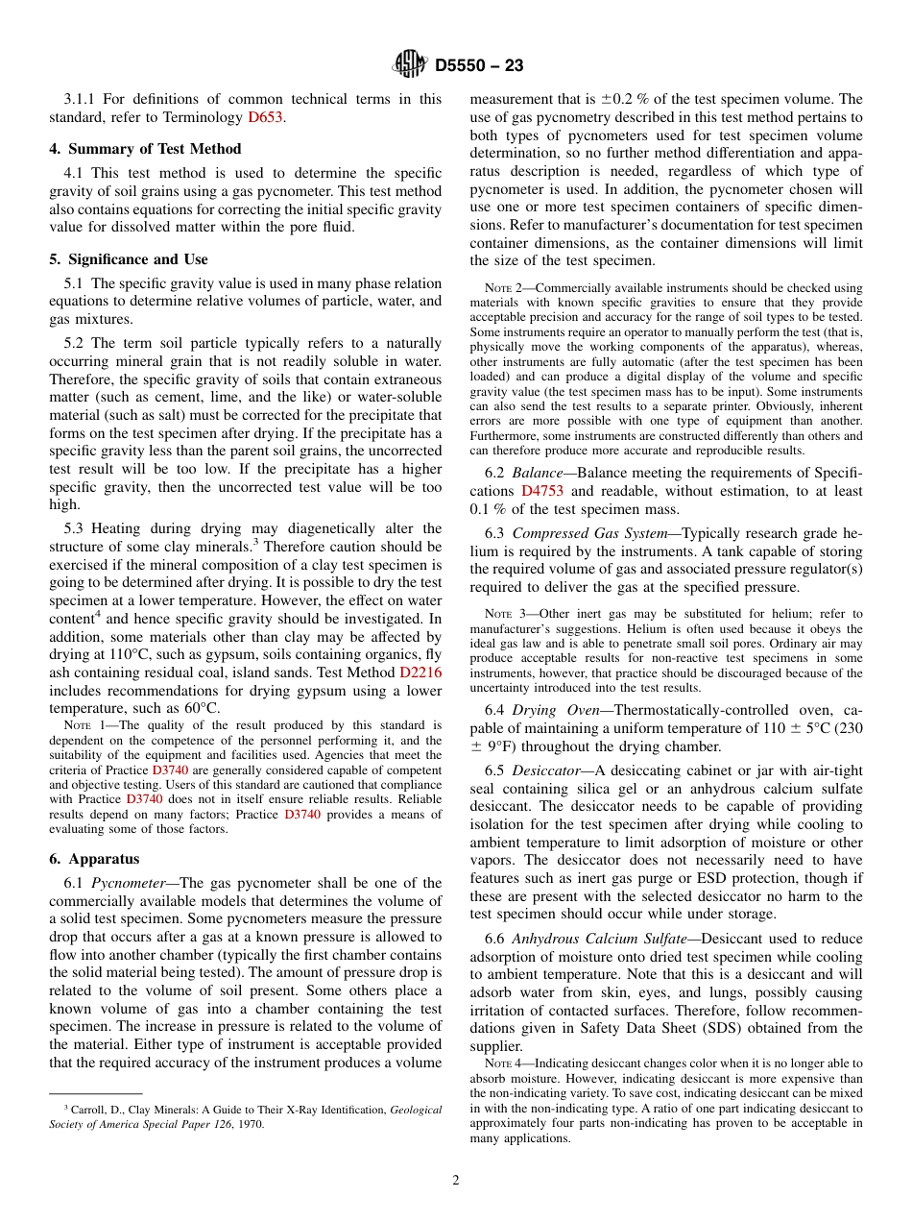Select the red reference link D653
(266, 117)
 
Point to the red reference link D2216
(420, 672)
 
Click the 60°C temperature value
(200, 708)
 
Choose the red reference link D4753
(543, 491)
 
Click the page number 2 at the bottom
(456, 1181)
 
